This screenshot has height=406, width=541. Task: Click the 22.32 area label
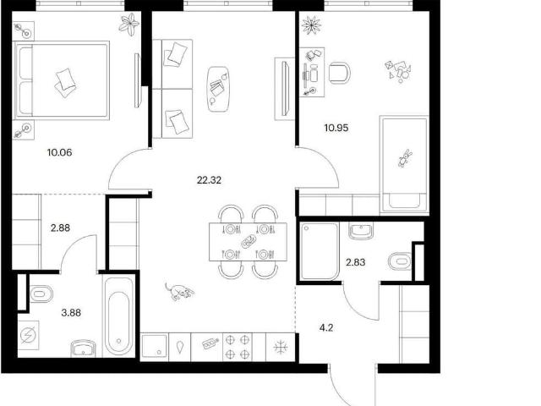point(209,180)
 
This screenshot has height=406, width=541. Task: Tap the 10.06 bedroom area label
point(60,152)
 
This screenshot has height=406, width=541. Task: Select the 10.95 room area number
point(336,128)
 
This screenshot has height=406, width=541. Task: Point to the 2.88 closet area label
point(60,228)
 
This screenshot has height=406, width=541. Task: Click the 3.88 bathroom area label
point(71,313)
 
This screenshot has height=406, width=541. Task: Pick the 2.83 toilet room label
point(356,262)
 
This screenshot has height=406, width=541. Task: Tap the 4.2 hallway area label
point(326,327)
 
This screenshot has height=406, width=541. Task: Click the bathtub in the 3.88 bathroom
point(118,316)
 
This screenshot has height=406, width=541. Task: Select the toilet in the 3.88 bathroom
point(41,294)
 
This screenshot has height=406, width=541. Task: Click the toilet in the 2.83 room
point(400,261)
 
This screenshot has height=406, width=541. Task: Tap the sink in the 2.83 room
point(361,231)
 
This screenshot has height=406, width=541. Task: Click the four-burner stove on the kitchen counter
point(238,347)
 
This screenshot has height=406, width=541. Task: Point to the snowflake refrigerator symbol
point(280,347)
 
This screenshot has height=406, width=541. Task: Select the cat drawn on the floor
point(178,292)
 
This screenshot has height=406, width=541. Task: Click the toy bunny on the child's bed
point(405,158)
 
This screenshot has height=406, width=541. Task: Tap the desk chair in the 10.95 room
point(340,73)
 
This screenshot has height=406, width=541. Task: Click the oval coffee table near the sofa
point(219,89)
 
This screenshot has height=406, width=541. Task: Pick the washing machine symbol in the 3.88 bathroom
point(28,335)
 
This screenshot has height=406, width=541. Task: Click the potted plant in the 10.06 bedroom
point(129,25)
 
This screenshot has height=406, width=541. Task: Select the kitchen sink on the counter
point(155,346)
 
